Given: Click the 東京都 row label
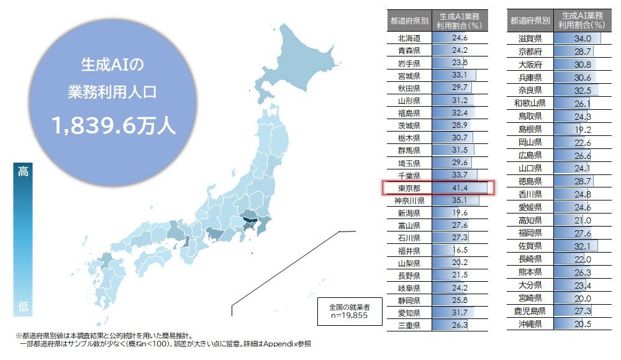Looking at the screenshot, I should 409,187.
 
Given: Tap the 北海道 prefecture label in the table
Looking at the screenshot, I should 409,38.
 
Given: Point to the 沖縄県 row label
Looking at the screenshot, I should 532,324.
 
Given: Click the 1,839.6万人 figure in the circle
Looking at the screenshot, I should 114,126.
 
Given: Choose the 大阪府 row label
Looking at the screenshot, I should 532,65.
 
